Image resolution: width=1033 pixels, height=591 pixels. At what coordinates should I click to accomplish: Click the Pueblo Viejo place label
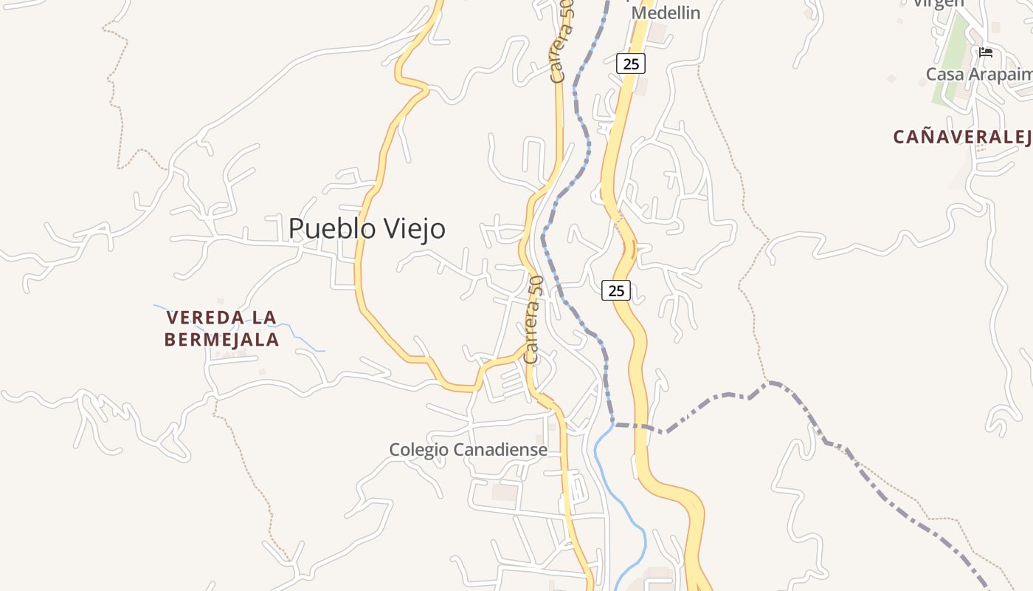coord(367,228)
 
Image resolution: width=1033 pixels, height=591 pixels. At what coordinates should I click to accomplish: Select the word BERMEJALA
coord(221,340)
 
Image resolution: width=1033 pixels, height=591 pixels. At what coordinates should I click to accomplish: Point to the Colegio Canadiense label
coord(468,449)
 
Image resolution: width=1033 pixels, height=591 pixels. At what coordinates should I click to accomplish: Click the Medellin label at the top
coord(666,13)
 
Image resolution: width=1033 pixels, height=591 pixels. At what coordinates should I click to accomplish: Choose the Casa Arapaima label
coord(978,74)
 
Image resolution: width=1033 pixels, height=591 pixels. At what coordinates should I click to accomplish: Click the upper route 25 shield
coord(631,64)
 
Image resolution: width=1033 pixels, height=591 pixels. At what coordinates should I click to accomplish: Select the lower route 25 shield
coord(616,290)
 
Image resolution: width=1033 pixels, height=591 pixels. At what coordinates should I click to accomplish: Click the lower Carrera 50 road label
coord(534,319)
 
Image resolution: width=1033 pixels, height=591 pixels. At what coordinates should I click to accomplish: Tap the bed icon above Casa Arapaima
coord(986,52)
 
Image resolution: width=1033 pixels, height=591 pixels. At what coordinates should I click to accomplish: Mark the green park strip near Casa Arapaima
coord(952,59)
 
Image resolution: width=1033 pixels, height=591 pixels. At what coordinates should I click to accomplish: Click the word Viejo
coord(412,228)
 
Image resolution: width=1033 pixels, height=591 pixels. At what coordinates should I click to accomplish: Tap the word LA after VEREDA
coord(264,318)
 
